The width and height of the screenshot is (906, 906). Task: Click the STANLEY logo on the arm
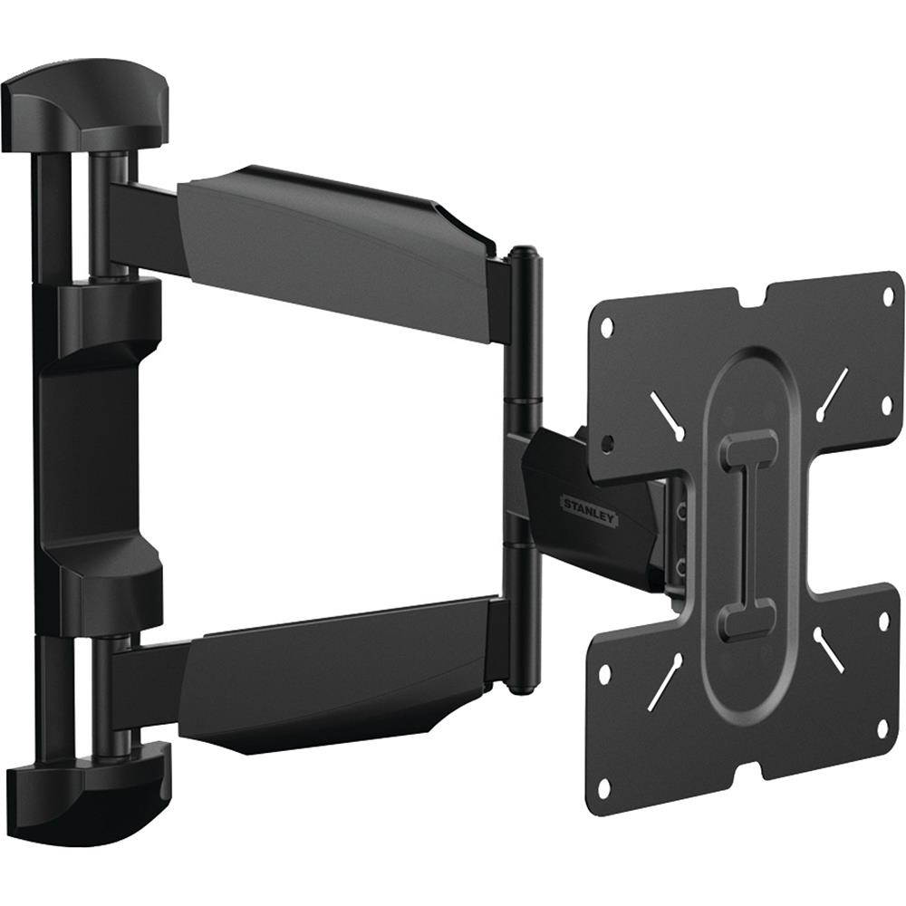pyautogui.click(x=589, y=510)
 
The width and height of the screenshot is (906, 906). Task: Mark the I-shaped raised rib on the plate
pyautogui.click(x=748, y=535)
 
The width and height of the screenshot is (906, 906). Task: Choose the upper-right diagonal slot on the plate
pyautogui.click(x=833, y=392)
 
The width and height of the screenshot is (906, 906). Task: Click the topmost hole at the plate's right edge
pyautogui.click(x=888, y=295)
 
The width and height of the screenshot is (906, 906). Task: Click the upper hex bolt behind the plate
pyautogui.click(x=682, y=512)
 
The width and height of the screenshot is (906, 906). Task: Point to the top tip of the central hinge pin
pyautogui.click(x=522, y=249)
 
